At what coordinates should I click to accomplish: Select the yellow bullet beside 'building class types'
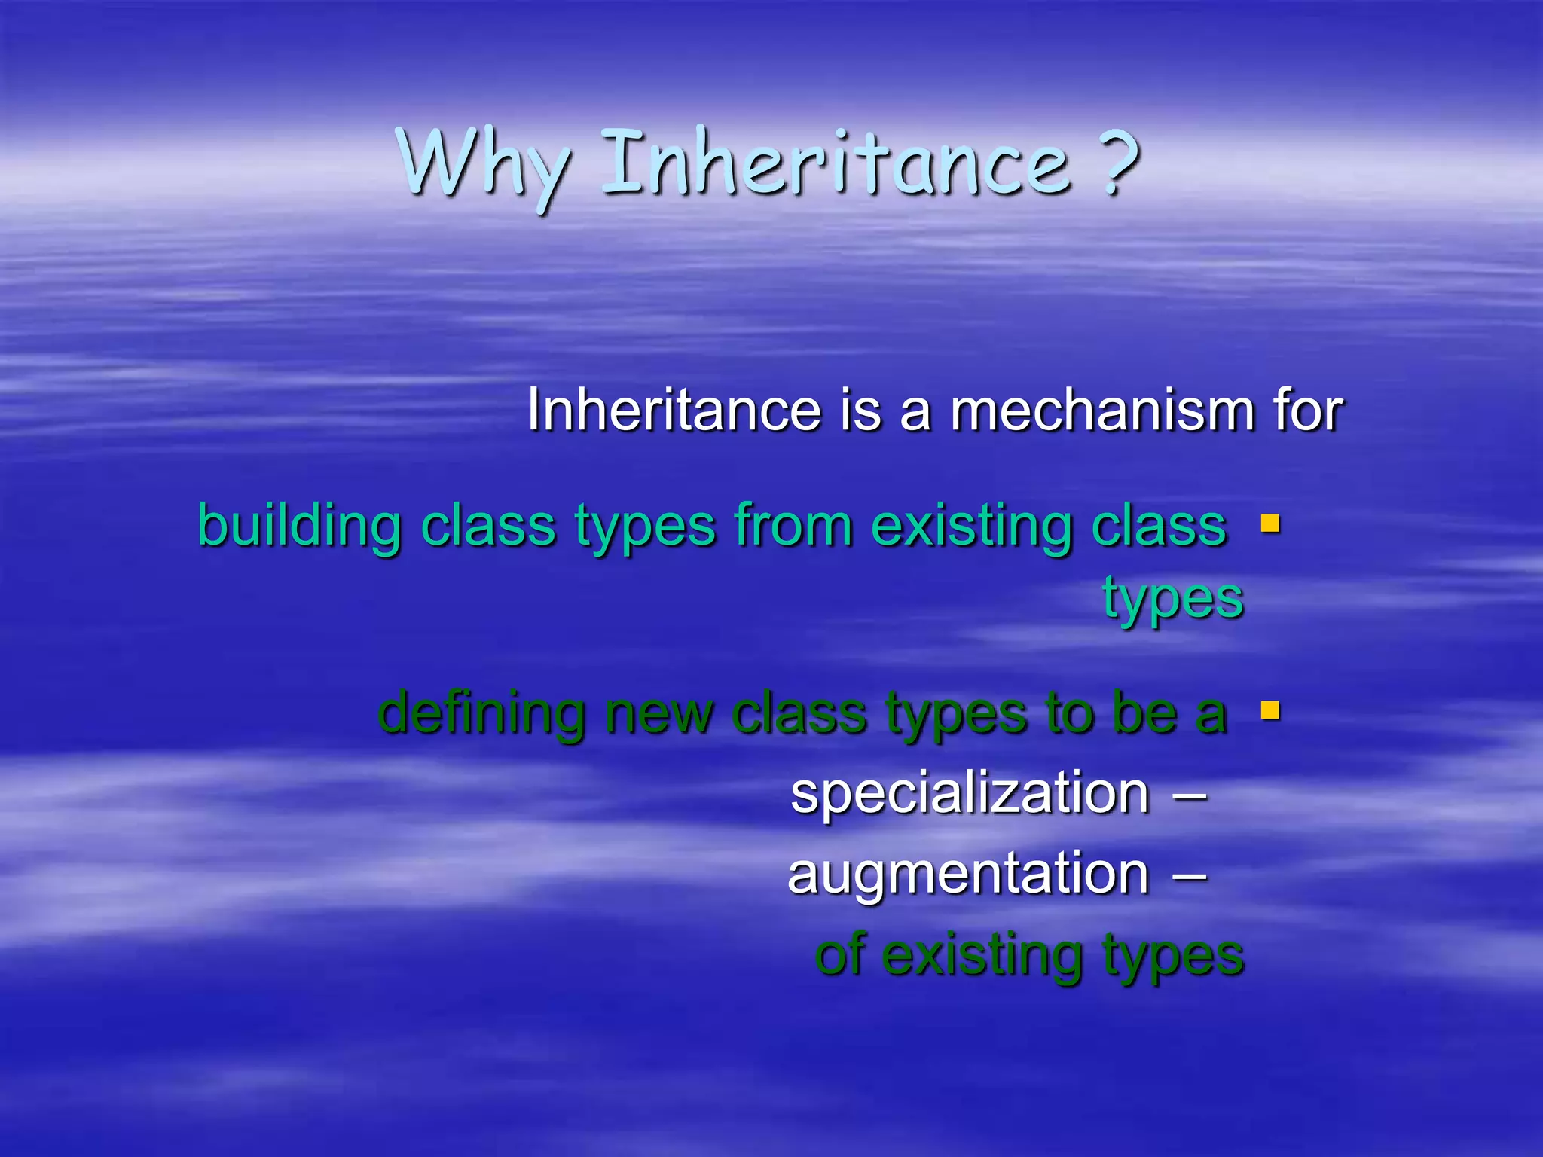tap(1270, 523)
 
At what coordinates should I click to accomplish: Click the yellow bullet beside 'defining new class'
tap(1270, 710)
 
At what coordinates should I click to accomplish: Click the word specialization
tap(970, 794)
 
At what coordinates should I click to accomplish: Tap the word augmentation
tap(968, 875)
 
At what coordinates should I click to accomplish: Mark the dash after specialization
tap(1190, 795)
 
